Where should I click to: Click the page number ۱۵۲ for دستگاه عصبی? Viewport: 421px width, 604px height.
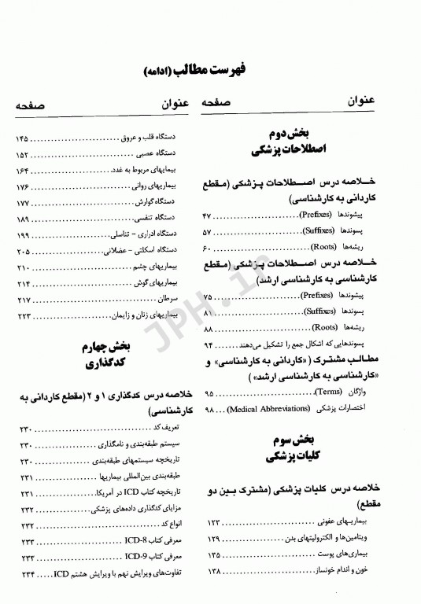(x=24, y=155)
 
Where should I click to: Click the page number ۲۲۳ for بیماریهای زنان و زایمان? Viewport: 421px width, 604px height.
(x=24, y=315)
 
